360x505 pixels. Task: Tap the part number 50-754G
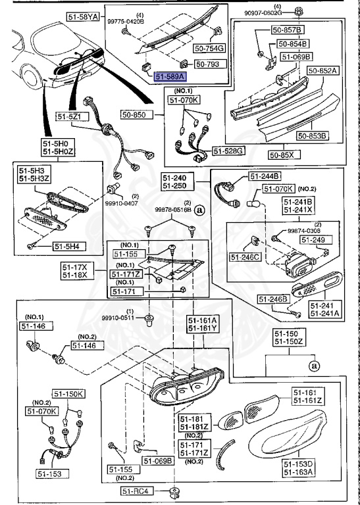209,48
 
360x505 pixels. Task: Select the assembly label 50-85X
284,155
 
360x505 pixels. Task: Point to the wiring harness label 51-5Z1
86,116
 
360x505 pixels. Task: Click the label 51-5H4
68,247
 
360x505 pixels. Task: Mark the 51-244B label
264,176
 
